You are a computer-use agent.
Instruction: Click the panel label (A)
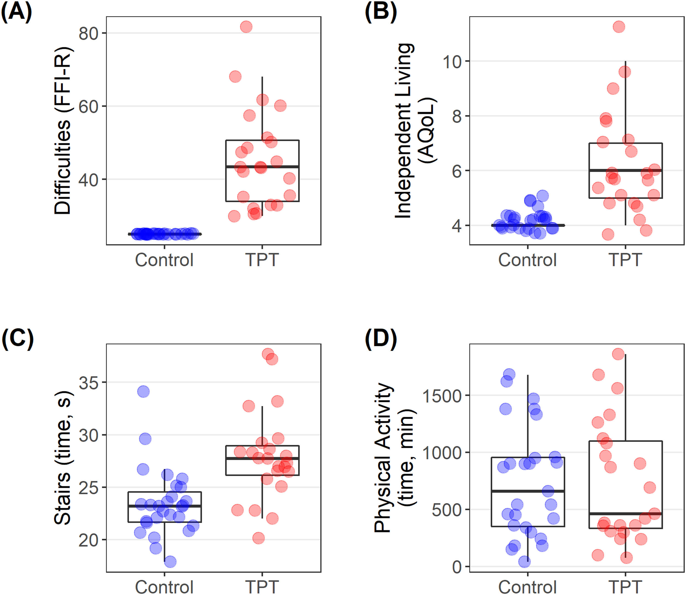click(x=16, y=12)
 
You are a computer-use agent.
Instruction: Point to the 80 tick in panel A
click(x=89, y=34)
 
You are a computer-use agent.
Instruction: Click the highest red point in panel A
click(x=246, y=27)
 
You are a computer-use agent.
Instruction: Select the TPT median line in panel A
click(x=262, y=167)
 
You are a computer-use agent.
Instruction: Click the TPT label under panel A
click(x=262, y=260)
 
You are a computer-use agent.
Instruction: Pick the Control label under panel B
click(x=527, y=260)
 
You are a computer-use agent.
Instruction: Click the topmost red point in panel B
click(x=619, y=27)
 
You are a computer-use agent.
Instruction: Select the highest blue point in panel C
click(x=143, y=391)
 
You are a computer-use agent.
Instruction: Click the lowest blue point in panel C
click(x=170, y=562)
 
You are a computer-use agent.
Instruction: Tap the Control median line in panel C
click(x=165, y=506)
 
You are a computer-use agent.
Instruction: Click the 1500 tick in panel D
click(x=442, y=396)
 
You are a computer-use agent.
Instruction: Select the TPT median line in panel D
click(x=626, y=514)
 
